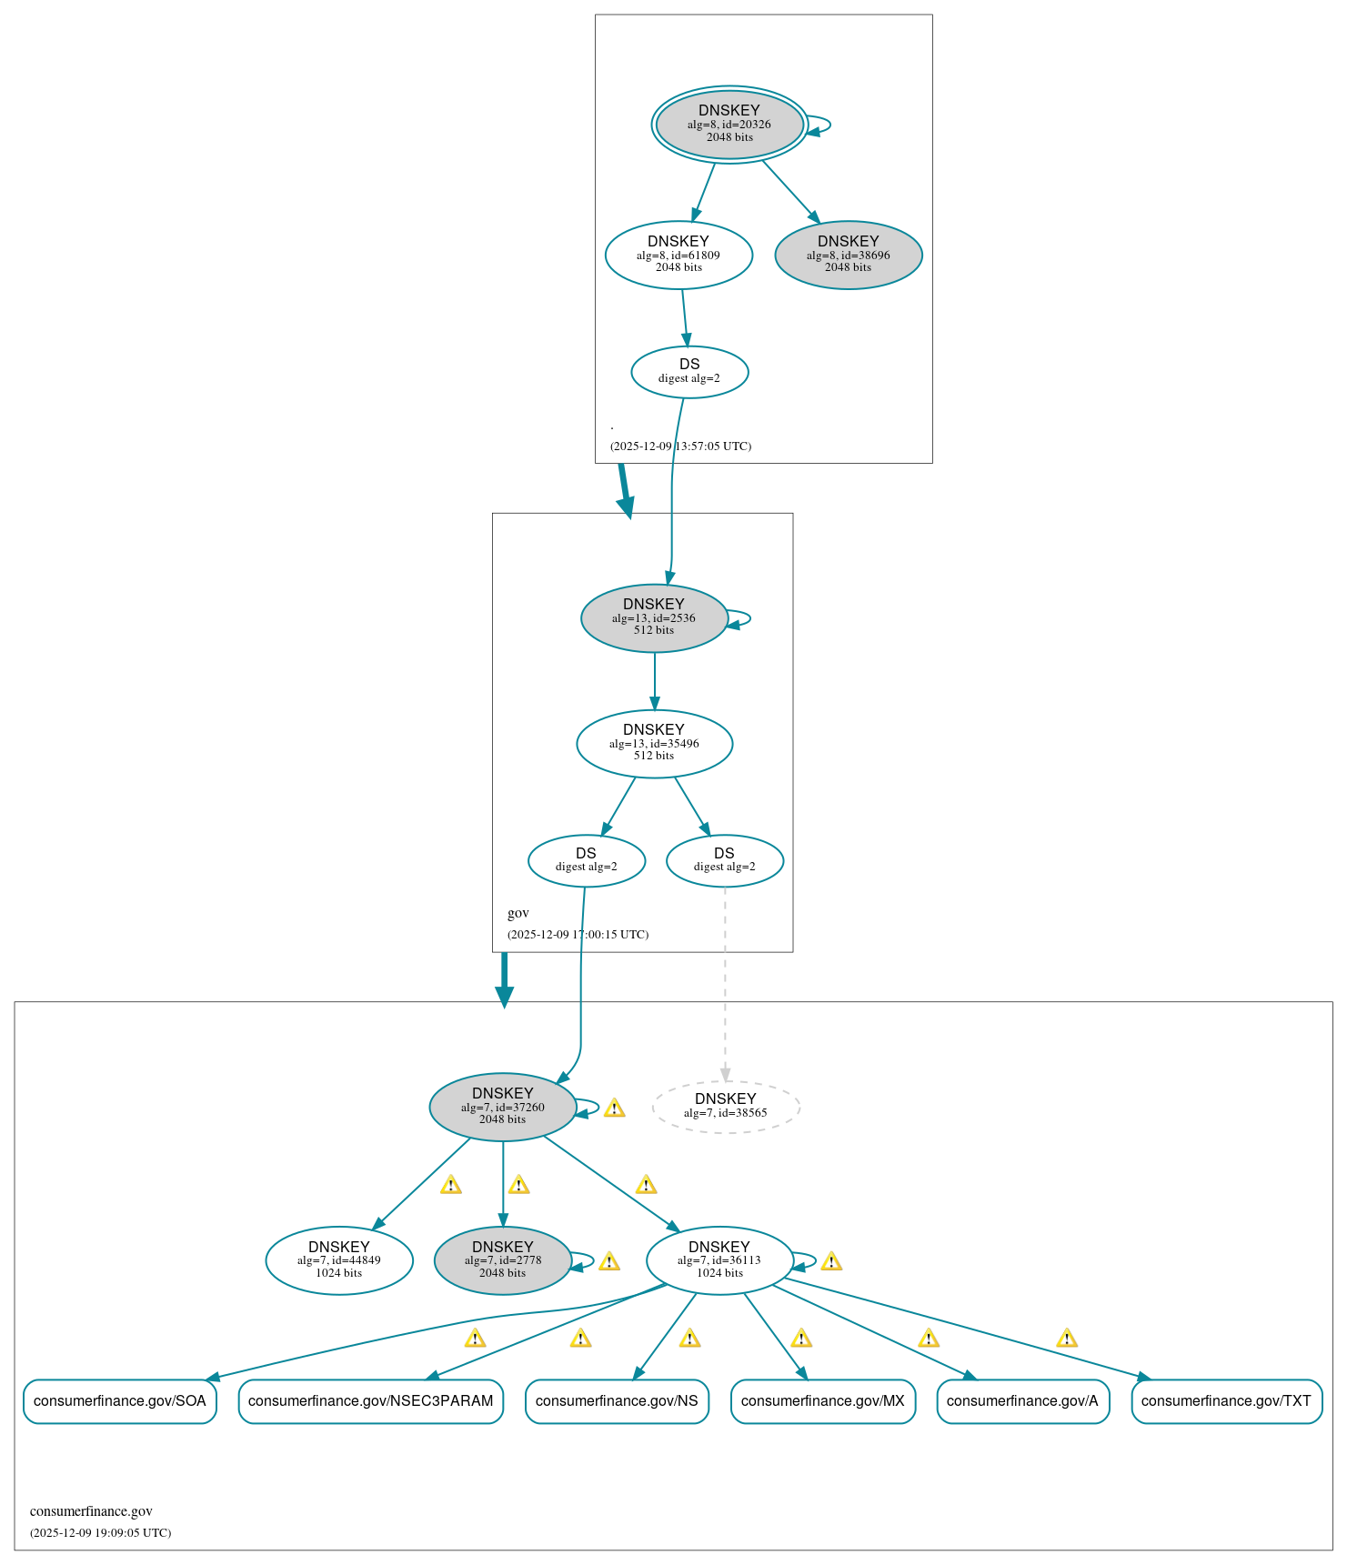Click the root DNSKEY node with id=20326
(729, 124)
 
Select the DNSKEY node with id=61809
(679, 255)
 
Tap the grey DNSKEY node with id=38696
(848, 255)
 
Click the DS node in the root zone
(689, 371)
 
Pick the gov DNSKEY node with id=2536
(654, 617)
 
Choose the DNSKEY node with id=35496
(654, 743)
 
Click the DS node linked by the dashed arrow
(724, 859)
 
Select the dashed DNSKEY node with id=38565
(725, 1106)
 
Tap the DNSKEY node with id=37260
(502, 1106)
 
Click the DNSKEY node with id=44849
(338, 1259)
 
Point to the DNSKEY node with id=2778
(502, 1259)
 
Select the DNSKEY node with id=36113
(719, 1259)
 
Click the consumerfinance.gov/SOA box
(119, 1400)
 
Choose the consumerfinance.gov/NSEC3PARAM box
(370, 1400)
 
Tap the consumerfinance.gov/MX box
(822, 1400)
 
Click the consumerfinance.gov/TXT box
(1225, 1400)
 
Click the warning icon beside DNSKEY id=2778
(609, 1261)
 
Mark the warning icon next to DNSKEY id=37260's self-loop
(614, 1108)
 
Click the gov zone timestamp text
(578, 934)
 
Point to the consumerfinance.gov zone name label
(91, 1511)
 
